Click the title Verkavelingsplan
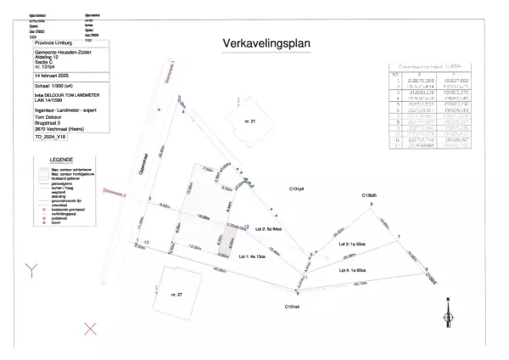point(265,43)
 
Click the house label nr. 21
point(249,122)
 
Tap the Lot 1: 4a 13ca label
point(250,255)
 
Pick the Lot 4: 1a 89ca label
point(353,269)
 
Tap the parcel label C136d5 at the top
point(369,194)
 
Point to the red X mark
point(91,328)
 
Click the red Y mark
point(33,272)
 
